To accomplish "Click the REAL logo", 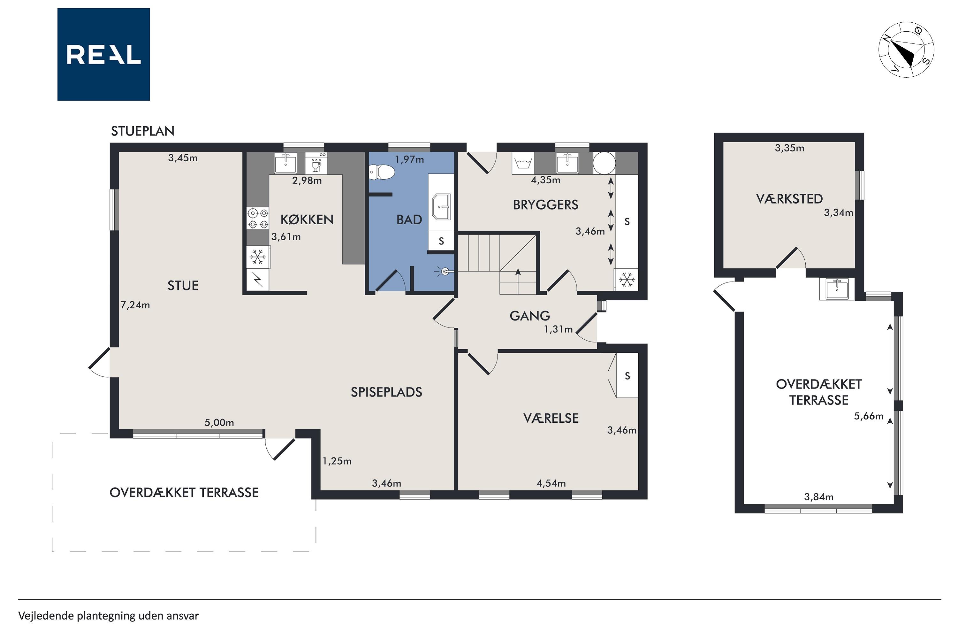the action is [103, 54].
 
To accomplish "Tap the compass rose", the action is [906, 49].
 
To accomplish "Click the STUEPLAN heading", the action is [142, 131].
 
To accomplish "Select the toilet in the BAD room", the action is [382, 172].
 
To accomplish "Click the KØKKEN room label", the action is [307, 220].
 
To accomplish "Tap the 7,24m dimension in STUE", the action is [135, 305].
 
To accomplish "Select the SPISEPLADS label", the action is [386, 392].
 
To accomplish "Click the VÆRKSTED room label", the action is [789, 199].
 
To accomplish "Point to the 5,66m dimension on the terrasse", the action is [868, 416].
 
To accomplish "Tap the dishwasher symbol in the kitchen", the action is [316, 163].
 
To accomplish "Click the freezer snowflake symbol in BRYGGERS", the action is [627, 280].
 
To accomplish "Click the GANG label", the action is [529, 316].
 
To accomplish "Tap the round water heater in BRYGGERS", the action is [604, 163].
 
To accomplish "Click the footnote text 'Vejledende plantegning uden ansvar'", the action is [108, 616].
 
